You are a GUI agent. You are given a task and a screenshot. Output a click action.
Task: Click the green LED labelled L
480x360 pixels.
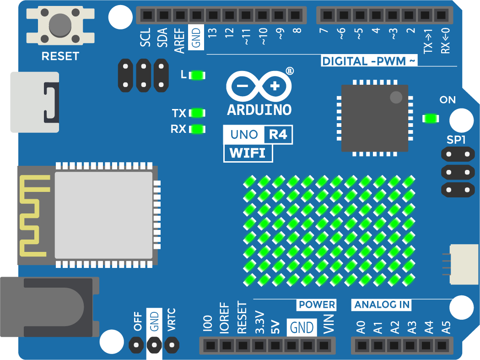197,75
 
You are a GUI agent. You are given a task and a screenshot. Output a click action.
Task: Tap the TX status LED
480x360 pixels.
197,113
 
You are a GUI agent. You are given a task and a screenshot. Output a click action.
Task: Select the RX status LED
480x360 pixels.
197,129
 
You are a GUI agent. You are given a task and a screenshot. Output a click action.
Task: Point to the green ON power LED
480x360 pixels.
431,118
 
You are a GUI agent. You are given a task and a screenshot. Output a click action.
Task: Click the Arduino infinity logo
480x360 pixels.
259,87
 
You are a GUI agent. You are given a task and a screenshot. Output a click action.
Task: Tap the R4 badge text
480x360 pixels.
278,135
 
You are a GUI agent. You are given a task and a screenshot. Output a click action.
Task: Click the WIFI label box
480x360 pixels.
248,153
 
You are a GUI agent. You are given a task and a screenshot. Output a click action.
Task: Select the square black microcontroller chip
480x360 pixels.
375,118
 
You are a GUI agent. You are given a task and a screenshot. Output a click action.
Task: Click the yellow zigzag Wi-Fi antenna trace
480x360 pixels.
34,216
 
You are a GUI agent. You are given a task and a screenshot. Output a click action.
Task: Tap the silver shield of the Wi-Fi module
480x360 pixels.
103,215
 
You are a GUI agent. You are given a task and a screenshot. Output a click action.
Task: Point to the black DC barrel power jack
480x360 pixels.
49,307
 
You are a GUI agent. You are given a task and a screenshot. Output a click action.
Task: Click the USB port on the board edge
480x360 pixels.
35,102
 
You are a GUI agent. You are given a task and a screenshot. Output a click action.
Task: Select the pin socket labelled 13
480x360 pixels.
213,15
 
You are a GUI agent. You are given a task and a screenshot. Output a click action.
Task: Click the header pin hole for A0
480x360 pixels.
361,345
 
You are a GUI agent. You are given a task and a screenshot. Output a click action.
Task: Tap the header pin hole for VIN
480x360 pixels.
324,345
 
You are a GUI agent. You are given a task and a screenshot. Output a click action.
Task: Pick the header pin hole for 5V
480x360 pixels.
275,345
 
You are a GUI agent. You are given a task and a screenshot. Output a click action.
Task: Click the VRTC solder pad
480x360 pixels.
172,345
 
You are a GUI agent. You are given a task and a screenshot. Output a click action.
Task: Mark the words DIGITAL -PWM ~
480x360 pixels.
369,61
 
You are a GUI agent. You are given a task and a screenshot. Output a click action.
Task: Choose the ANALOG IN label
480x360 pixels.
382,305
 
